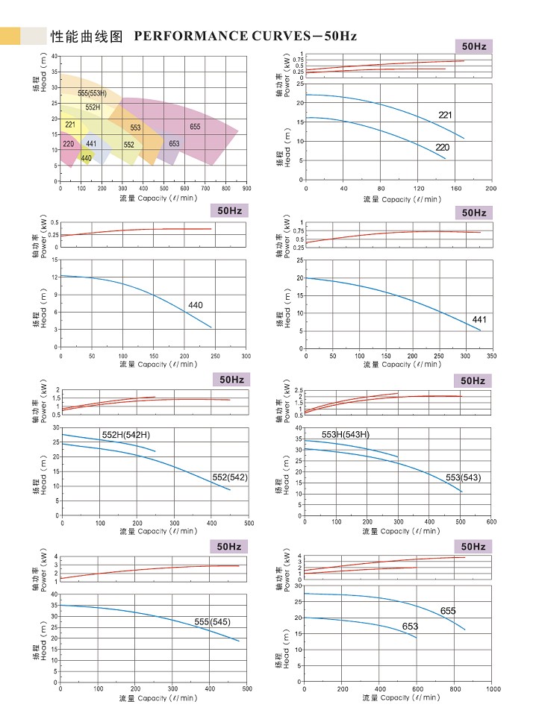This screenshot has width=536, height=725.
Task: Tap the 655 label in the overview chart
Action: pos(195,127)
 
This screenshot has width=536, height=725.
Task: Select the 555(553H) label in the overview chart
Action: pos(92,93)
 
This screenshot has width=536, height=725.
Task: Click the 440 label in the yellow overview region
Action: pos(86,158)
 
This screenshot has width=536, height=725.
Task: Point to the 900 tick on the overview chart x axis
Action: pos(247,189)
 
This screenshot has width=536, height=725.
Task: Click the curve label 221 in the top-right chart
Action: pos(446,116)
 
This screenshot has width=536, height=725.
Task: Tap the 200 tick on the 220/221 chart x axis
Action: pos(490,187)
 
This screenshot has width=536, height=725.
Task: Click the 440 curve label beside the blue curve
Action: pos(195,305)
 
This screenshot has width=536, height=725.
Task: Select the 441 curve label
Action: pos(479,320)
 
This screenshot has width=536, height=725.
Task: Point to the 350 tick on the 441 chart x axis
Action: pos(490,355)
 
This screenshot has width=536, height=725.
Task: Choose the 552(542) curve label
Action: pos(230,477)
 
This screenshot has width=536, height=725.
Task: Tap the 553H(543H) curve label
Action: pos(346,434)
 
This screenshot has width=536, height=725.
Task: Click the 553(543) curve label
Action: pos(464,477)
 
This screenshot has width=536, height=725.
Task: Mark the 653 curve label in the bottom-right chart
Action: pos(410,627)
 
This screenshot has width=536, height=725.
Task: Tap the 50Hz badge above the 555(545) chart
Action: pos(231,547)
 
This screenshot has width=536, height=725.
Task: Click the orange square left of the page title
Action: pos(10,35)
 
